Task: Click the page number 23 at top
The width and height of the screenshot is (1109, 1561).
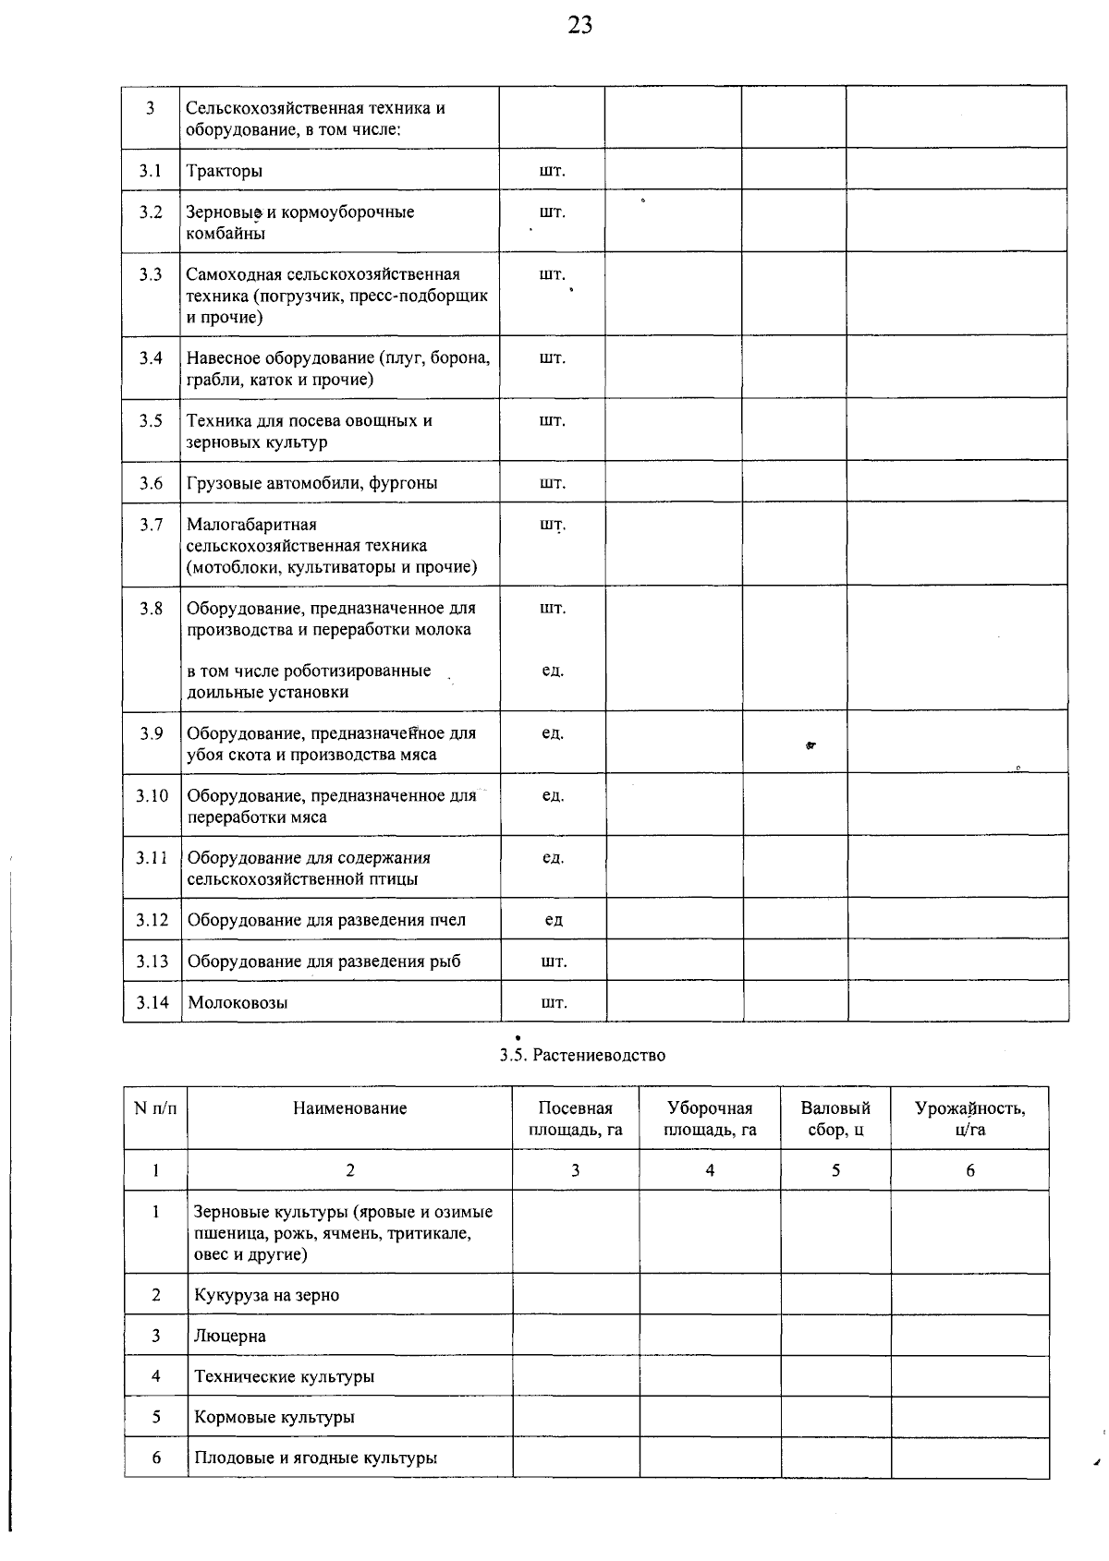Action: (x=580, y=26)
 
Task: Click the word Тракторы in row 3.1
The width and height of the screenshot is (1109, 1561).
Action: (x=225, y=171)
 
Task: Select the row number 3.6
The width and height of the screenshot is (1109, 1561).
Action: (x=152, y=483)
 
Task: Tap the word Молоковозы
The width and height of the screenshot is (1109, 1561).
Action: (x=238, y=1002)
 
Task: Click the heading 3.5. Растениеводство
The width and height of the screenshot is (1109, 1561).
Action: (x=582, y=1055)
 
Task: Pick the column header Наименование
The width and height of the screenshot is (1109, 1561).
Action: (x=349, y=1108)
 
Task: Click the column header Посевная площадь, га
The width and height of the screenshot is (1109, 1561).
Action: (x=575, y=1119)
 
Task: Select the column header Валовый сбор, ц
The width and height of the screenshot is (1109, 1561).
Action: (x=835, y=1119)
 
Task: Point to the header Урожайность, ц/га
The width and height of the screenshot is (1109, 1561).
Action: (x=969, y=1119)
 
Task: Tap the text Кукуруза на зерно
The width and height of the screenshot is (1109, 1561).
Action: (x=266, y=1295)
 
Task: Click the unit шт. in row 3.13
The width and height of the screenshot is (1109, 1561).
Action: (x=554, y=962)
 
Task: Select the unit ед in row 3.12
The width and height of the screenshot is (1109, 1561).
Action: (x=554, y=920)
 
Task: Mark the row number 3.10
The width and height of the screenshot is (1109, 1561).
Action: (x=152, y=795)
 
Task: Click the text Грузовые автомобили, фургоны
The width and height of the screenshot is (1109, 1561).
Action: (x=311, y=483)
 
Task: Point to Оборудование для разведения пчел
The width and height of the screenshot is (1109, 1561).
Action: (x=326, y=920)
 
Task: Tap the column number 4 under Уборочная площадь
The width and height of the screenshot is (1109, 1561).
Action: (x=710, y=1170)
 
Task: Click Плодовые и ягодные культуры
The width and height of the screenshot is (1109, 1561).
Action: (x=315, y=1458)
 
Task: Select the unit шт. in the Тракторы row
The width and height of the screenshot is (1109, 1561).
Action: (x=553, y=171)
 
